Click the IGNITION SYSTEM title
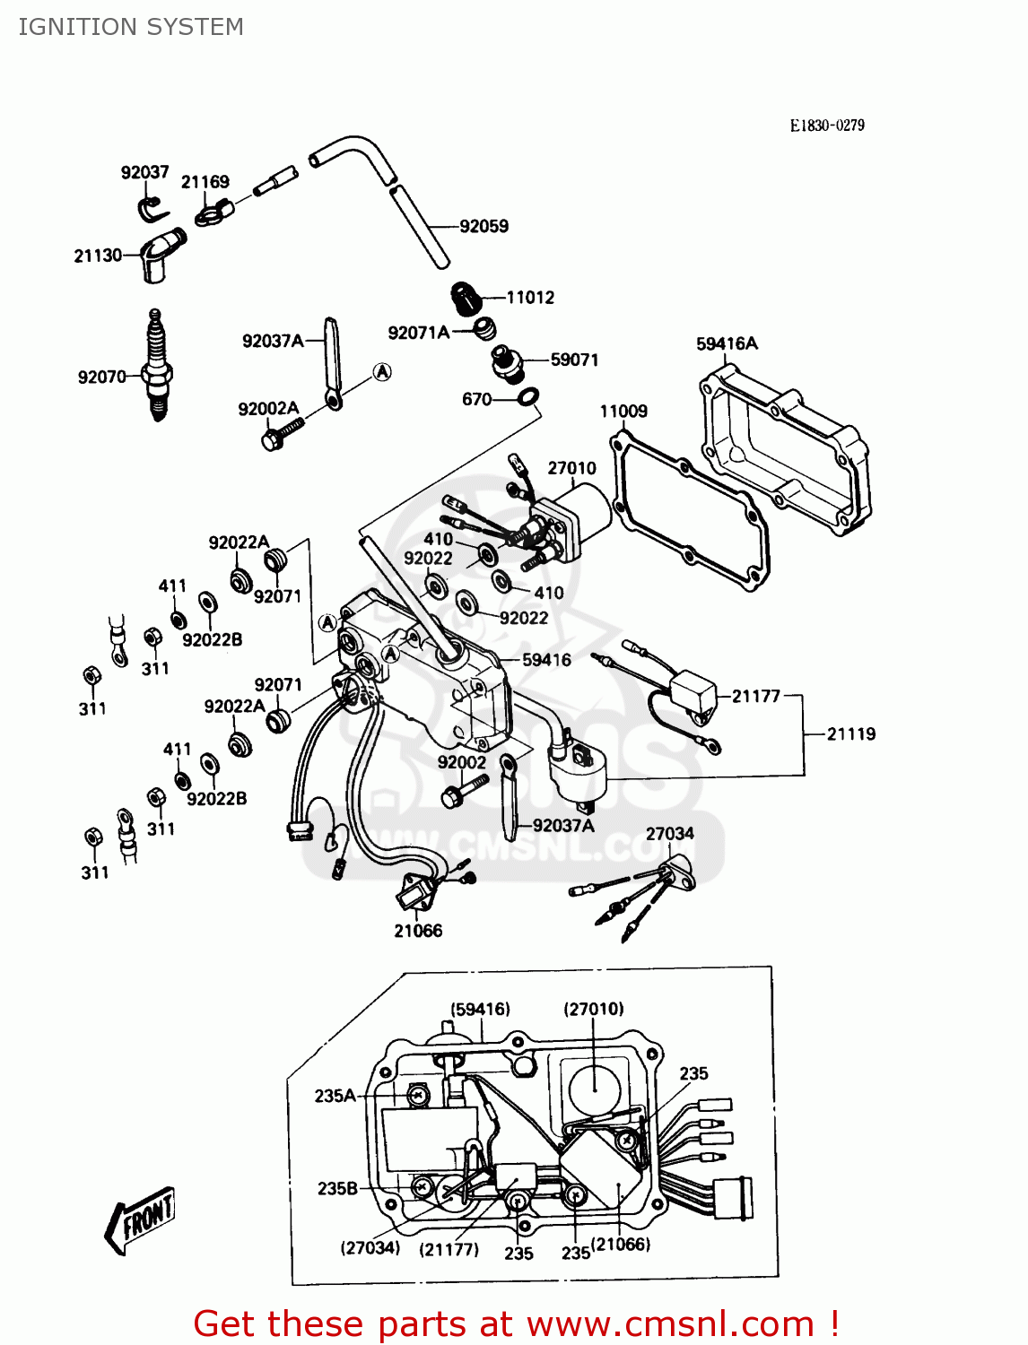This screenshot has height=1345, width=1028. [x=131, y=27]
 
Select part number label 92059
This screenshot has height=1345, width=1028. [x=484, y=226]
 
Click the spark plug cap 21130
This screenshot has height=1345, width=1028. [x=159, y=253]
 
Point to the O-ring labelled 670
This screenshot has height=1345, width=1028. [x=529, y=396]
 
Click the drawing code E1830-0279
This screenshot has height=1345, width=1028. [x=827, y=126]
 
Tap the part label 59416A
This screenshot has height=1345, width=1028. [x=727, y=343]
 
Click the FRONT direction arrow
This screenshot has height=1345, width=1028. [x=141, y=1219]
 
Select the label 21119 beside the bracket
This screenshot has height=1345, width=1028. [x=850, y=734]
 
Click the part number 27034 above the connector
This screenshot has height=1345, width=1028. [x=669, y=833]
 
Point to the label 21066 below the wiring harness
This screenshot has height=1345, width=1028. [x=418, y=931]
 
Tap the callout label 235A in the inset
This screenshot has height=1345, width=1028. [x=335, y=1096]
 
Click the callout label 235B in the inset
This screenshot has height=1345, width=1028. [x=337, y=1188]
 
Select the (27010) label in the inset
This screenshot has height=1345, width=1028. [x=594, y=1009]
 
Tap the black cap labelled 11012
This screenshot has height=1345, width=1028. [x=465, y=297]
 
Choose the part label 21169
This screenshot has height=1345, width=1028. [x=205, y=182]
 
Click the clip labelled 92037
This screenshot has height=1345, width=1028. [x=153, y=209]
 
